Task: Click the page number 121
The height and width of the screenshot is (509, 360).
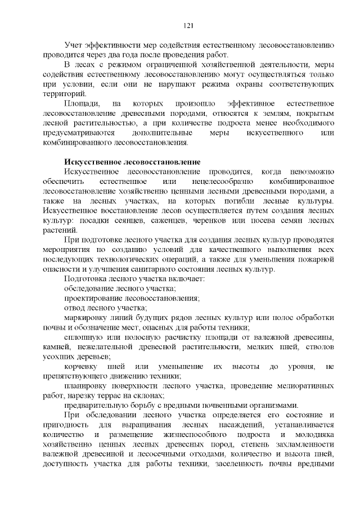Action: (189, 25)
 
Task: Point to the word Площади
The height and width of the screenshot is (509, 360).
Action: (82, 104)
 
